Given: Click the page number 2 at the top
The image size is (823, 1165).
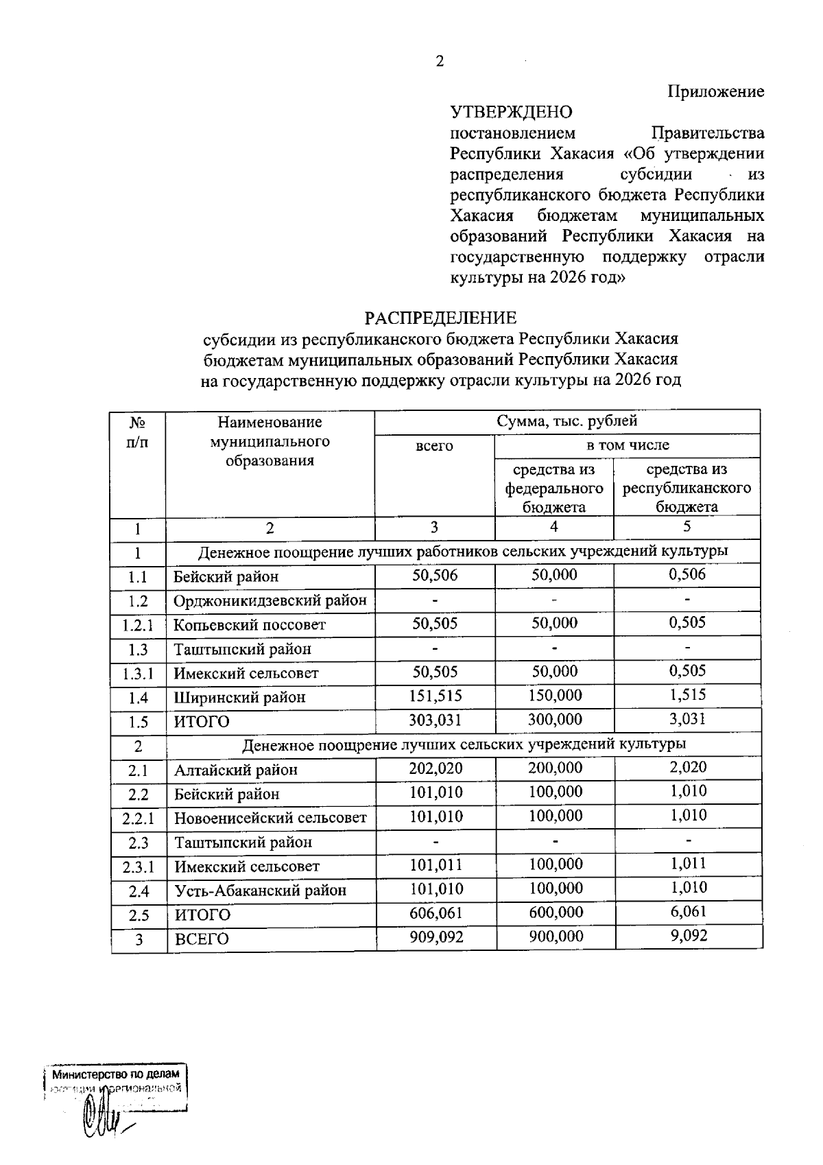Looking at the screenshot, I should (440, 62).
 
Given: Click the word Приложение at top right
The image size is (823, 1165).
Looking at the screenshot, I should (716, 91).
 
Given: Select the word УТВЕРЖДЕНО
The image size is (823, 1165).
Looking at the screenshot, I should (511, 112).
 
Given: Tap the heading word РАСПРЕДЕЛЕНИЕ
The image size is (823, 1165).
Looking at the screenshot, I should (440, 318).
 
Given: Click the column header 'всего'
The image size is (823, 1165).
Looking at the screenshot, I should (434, 446).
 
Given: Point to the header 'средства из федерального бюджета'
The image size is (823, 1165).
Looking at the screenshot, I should (553, 488).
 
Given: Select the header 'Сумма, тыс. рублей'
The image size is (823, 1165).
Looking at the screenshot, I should (566, 421).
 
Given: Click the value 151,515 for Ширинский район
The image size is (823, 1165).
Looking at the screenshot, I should (435, 696).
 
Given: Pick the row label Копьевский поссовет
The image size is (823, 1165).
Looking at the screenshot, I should (249, 625).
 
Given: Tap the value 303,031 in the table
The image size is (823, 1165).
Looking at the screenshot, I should (435, 720).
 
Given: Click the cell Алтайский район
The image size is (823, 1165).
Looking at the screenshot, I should (235, 770).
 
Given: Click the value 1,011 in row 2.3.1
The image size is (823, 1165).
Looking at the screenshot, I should (688, 864).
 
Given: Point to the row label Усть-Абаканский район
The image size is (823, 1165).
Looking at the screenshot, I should (260, 891).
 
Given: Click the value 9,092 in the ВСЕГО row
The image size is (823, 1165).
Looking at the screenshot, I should (689, 936).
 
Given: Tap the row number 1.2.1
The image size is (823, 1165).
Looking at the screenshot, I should (137, 626).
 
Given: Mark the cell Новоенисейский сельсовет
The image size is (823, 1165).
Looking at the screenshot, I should (270, 818).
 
